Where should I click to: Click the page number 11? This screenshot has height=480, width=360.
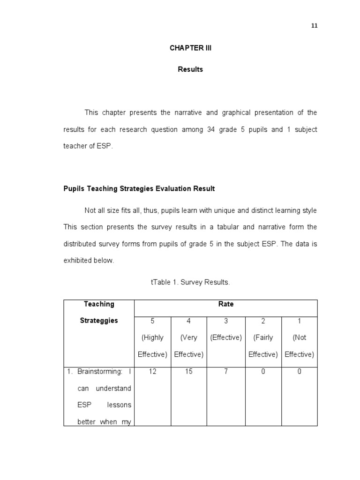(x=315, y=26)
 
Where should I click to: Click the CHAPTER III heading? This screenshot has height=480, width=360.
(x=190, y=48)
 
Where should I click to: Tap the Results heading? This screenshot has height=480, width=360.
(x=190, y=69)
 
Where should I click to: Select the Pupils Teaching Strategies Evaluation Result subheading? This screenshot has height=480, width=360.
(x=139, y=188)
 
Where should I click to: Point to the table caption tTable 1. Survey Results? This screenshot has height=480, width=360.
(x=190, y=282)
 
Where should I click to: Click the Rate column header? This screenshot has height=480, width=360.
(x=225, y=304)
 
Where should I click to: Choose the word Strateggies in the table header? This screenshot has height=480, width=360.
(x=99, y=321)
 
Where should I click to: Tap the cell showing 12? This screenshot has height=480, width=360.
(x=152, y=372)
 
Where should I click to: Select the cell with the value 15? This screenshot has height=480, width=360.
(x=188, y=372)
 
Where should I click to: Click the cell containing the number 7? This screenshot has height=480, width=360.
(x=225, y=372)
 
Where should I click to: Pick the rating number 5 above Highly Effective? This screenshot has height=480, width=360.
(x=152, y=321)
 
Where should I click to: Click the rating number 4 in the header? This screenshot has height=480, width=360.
(x=188, y=321)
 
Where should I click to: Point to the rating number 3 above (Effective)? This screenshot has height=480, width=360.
(x=225, y=321)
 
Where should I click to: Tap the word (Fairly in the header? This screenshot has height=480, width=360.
(x=263, y=337)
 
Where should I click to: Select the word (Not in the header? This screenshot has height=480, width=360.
(x=300, y=337)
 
